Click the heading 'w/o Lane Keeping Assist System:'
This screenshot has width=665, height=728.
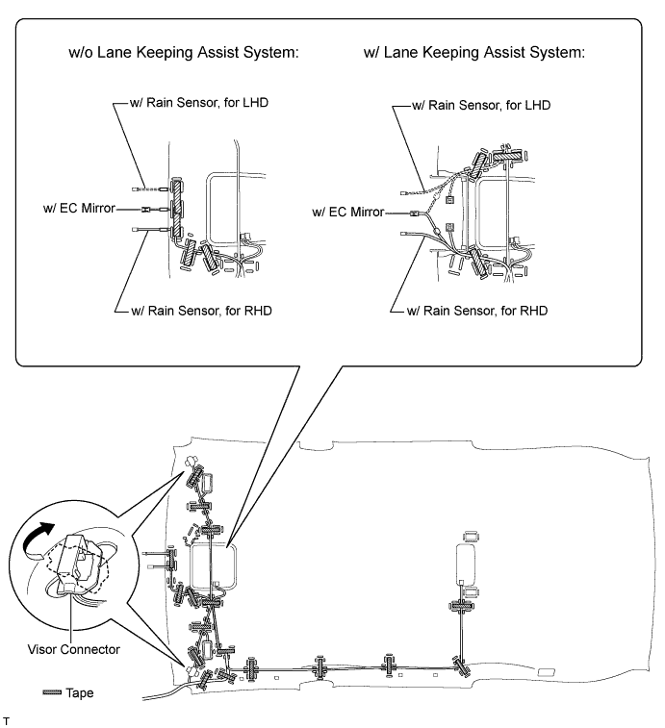point(184,53)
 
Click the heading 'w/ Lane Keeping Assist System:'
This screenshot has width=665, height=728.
point(474,53)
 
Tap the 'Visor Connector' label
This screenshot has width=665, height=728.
point(73,649)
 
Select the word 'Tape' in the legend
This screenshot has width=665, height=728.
point(80,692)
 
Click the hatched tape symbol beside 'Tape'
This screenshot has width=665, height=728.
point(52,692)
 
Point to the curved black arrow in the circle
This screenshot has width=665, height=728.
point(37,539)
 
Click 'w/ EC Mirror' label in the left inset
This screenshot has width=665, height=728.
point(79,208)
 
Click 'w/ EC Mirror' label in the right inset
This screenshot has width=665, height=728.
point(348,213)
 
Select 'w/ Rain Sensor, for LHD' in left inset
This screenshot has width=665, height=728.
point(199,103)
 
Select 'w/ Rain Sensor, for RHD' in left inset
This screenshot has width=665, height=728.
point(201,311)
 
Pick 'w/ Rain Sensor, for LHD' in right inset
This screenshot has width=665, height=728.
point(481,106)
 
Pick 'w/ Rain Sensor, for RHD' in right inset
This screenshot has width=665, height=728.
point(476,311)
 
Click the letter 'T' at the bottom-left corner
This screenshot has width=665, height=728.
point(6,721)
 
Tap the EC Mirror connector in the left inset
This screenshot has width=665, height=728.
point(146,210)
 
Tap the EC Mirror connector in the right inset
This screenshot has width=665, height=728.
point(414,214)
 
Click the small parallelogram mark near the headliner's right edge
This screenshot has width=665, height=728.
point(546,673)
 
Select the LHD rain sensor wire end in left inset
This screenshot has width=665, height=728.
point(135,189)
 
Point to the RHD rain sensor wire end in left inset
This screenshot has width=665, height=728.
point(136,229)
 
